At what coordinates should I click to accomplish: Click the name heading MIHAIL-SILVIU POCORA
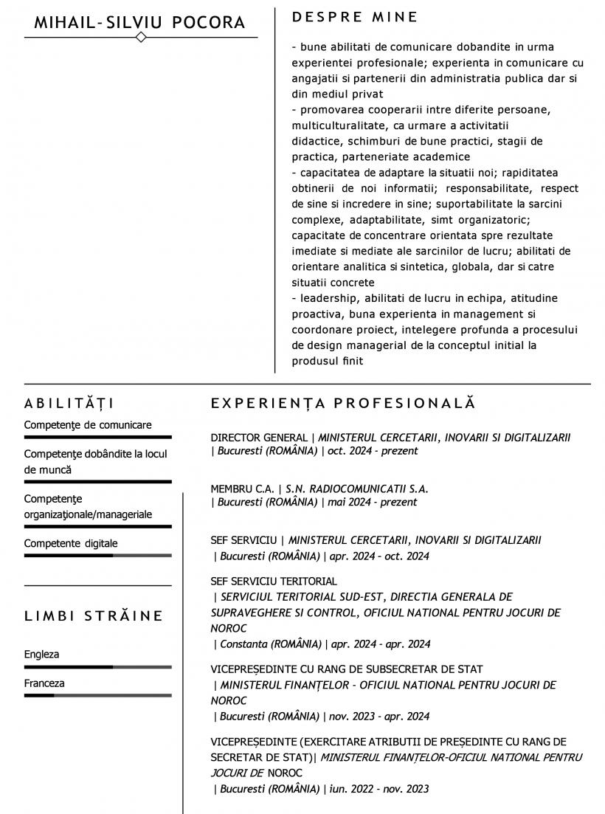click(x=139, y=23)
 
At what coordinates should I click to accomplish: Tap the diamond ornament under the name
click(x=141, y=37)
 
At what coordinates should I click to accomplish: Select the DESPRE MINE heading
click(x=355, y=17)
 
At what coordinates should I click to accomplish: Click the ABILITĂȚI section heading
click(x=69, y=403)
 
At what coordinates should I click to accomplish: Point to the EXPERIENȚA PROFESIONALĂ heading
click(x=343, y=403)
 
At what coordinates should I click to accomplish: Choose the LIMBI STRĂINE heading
click(x=94, y=615)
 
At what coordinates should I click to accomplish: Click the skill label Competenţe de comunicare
click(x=88, y=425)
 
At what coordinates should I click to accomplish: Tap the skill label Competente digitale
click(x=71, y=543)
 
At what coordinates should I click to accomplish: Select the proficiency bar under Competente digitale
click(x=97, y=555)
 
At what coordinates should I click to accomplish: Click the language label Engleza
click(x=41, y=655)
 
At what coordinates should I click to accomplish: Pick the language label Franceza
click(x=44, y=683)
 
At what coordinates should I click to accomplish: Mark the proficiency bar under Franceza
click(x=97, y=695)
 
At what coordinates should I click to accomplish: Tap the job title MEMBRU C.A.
click(x=242, y=489)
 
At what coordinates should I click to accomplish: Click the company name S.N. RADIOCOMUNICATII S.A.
click(x=356, y=489)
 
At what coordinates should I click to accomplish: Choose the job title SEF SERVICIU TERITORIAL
click(x=274, y=581)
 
